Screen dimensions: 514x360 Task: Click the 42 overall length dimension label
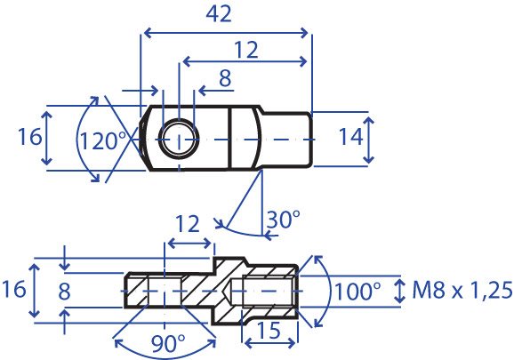click(219, 15)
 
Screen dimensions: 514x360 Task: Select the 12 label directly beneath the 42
click(247, 50)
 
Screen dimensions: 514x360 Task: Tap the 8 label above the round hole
click(225, 78)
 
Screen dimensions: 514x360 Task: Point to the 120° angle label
click(103, 141)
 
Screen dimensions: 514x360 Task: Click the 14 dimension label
click(350, 137)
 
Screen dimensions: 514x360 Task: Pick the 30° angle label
click(283, 220)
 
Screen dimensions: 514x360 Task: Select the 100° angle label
click(357, 292)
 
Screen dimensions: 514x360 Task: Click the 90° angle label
click(168, 344)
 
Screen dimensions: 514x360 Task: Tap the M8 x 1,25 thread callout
click(462, 291)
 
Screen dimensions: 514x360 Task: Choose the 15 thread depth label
click(269, 331)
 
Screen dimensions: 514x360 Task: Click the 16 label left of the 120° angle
click(30, 137)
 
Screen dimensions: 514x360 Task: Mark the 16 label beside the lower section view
click(13, 289)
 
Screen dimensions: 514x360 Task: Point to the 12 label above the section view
click(188, 224)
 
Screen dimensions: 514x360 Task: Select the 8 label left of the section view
click(64, 292)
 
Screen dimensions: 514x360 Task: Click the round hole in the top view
click(179, 140)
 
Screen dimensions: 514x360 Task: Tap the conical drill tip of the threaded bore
click(228, 291)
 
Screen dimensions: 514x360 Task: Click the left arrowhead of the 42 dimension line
click(148, 33)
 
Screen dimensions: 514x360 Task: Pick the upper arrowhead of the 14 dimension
click(369, 121)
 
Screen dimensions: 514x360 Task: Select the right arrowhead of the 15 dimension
click(293, 343)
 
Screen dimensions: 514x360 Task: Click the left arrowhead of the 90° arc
click(118, 343)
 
